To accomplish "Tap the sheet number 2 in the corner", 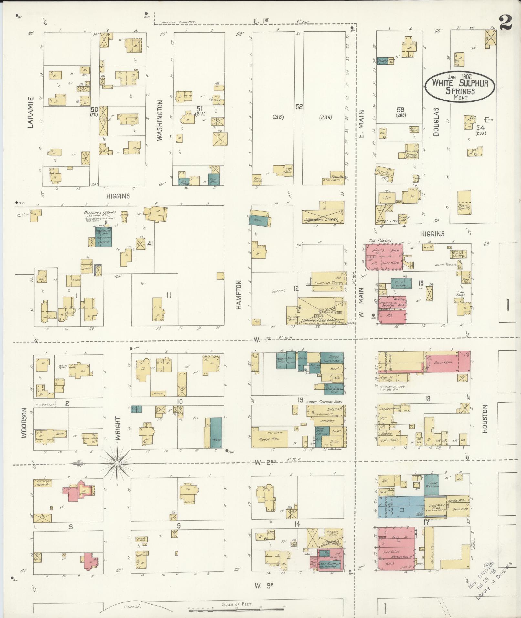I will [505, 23].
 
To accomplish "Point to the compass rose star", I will [117, 464].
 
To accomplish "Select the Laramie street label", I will [31, 112].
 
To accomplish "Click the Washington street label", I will [160, 120].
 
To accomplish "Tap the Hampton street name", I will [239, 295].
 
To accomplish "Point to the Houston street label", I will [485, 419].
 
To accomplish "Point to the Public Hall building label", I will [269, 439].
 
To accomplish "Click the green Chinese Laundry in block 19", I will [401, 283].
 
